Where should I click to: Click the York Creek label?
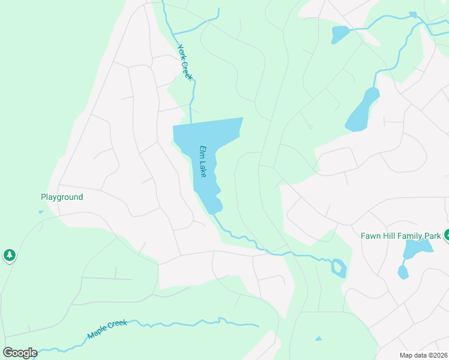[184, 61]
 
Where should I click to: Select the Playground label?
[62, 197]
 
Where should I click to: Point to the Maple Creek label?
[107, 329]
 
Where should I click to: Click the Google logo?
[20, 352]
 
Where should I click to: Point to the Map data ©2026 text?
[423, 355]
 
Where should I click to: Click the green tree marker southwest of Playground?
[9, 255]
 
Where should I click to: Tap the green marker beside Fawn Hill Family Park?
[447, 235]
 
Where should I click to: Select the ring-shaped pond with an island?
[339, 268]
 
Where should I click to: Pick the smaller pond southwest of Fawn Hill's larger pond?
[403, 272]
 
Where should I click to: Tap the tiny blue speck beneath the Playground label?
[41, 211]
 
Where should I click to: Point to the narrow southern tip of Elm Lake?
[212, 209]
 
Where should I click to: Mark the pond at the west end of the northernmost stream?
[339, 34]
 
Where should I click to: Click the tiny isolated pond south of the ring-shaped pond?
[319, 338]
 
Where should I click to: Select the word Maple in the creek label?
[98, 332]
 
